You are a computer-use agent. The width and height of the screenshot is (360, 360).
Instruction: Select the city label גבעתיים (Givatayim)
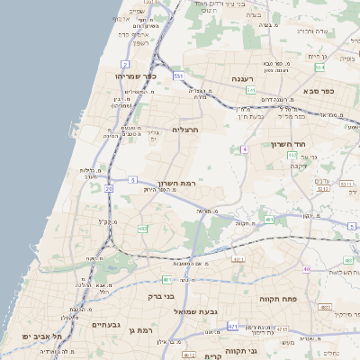pyautogui.click(x=105, y=324)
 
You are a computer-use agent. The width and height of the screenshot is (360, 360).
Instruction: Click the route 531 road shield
pyautogui.click(x=179, y=76)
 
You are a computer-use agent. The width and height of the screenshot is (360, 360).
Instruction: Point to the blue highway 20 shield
pyautogui.click(x=109, y=188)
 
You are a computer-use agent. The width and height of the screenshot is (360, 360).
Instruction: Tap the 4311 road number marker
pyautogui.click(x=239, y=259)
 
